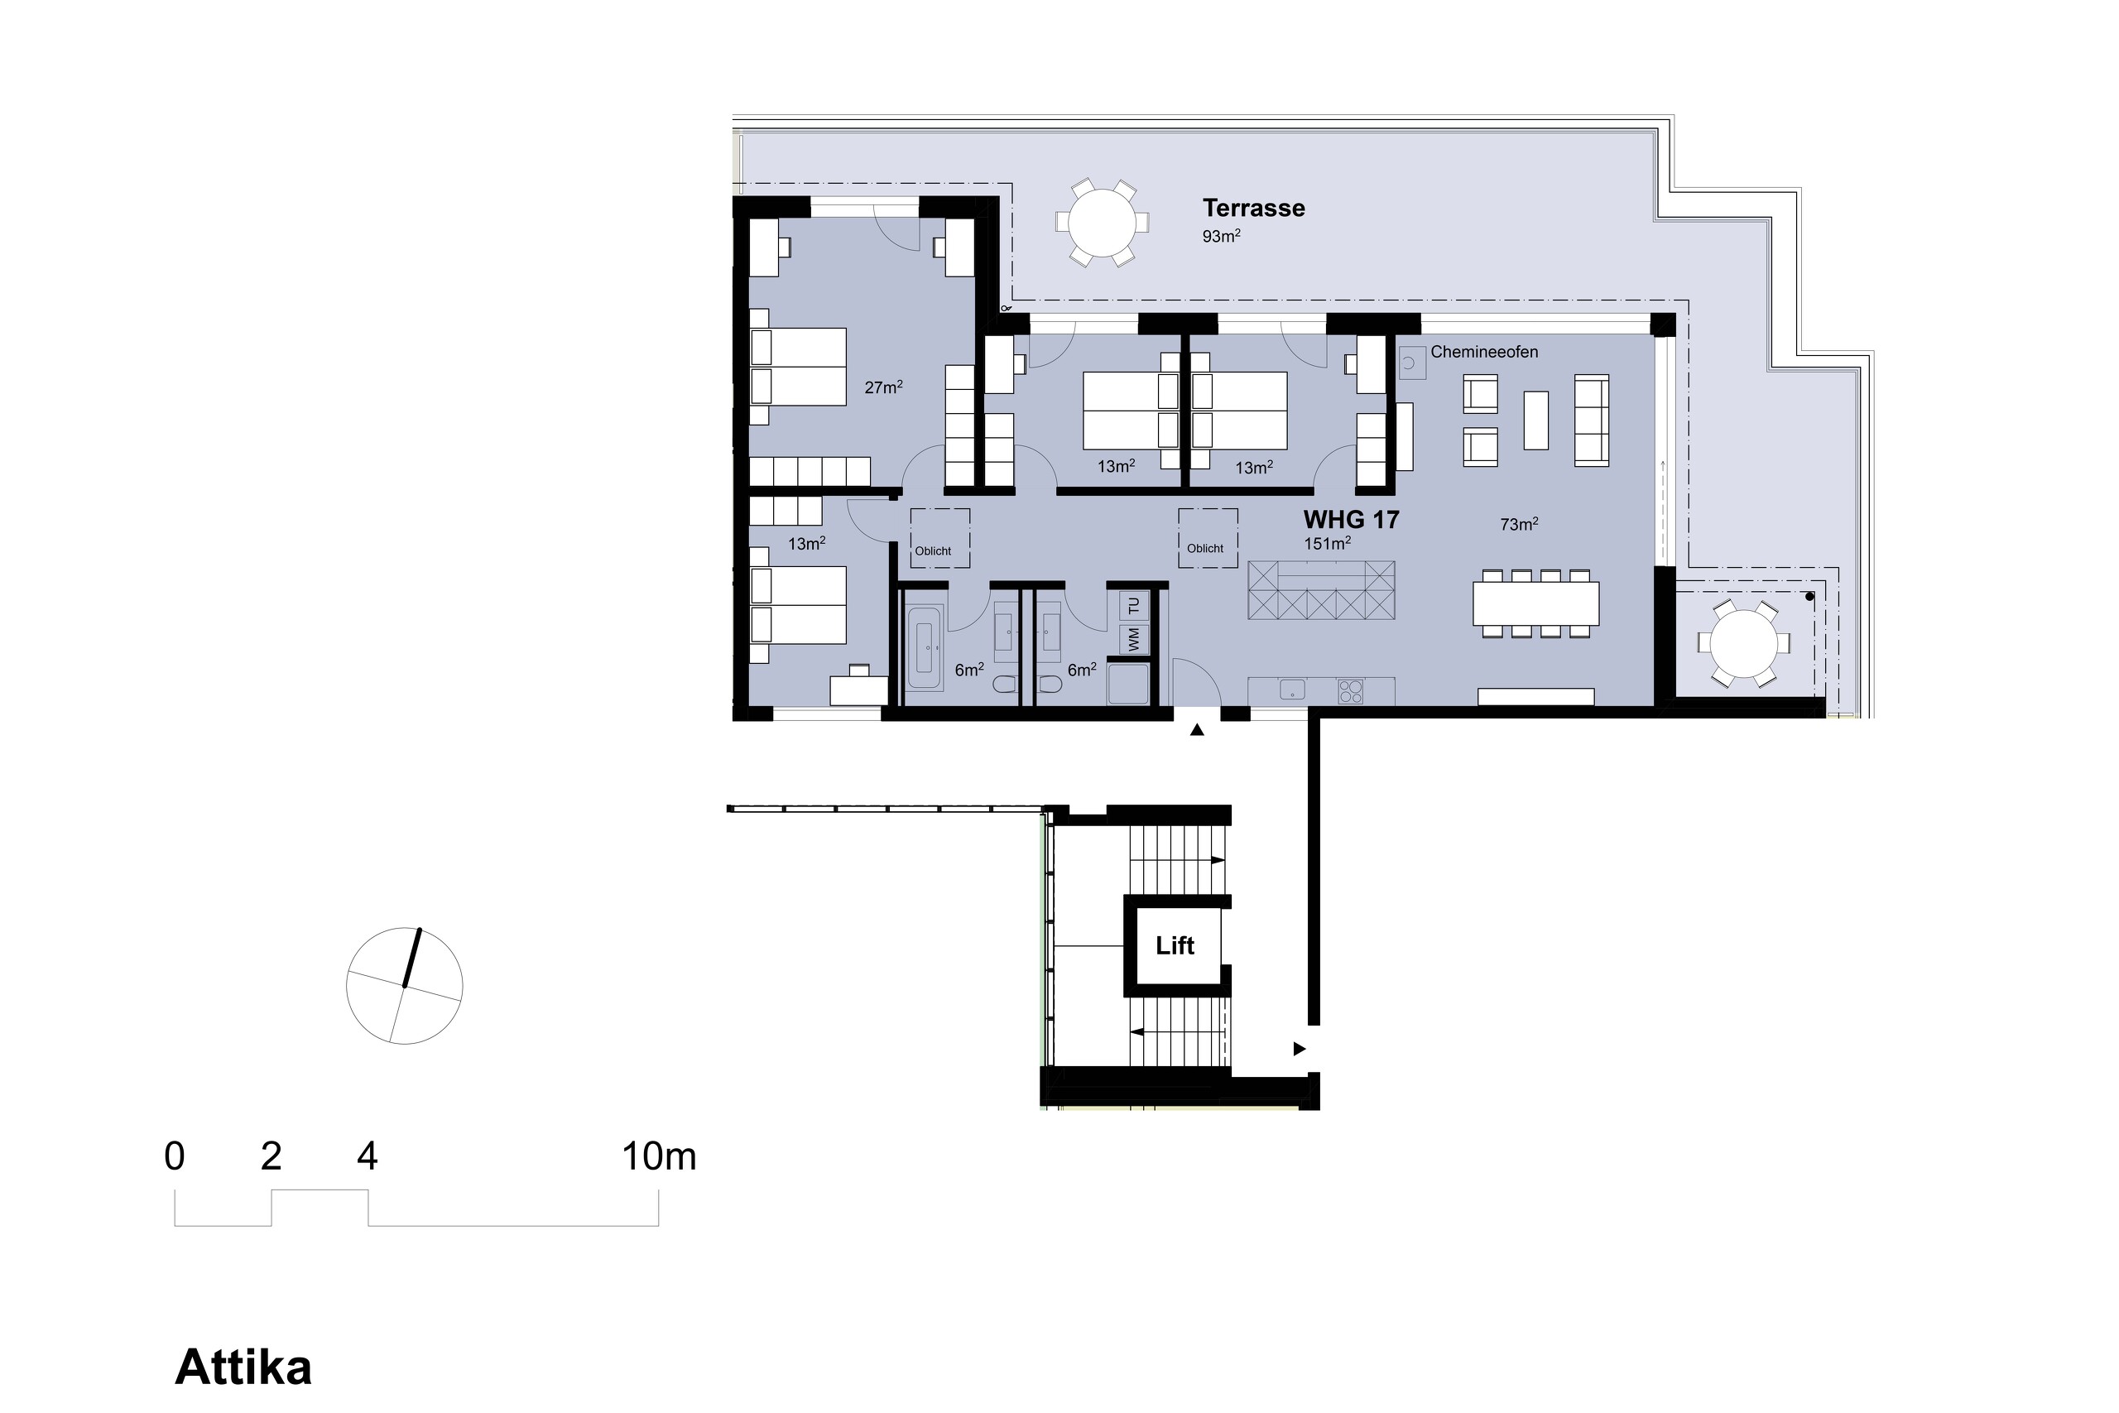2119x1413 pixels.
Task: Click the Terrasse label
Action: pos(1253,208)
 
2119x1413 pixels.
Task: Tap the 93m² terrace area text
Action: pos(1221,237)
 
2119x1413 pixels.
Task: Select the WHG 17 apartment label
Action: pos(1351,520)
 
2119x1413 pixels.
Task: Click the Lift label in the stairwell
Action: pos(1174,945)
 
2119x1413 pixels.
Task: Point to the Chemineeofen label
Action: pos(1484,353)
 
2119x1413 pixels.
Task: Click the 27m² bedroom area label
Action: pos(883,387)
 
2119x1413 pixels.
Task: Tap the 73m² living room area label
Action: pos(1518,525)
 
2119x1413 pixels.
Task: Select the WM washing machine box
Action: pos(1134,639)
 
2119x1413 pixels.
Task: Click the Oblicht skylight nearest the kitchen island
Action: pos(1208,538)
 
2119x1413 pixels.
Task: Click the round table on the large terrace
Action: pos(1102,223)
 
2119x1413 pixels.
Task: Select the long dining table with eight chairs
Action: pos(1536,603)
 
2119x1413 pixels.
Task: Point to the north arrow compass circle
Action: pos(405,986)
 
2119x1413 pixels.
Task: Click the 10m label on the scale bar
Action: pos(659,1157)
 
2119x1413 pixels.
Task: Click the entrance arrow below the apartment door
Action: pos(1196,731)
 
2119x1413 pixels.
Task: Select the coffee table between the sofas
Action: pos(1535,421)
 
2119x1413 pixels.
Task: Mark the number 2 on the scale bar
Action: pos(271,1157)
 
